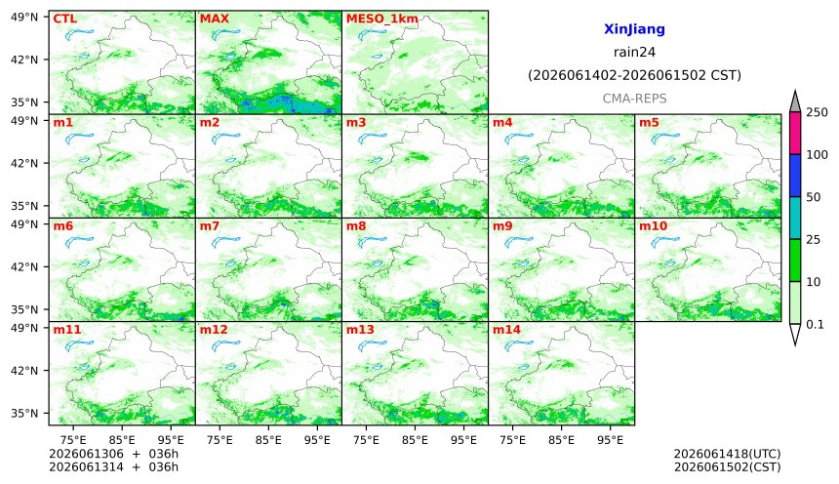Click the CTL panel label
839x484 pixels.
(x=64, y=19)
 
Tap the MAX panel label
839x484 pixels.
(x=214, y=19)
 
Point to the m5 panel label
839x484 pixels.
(x=649, y=123)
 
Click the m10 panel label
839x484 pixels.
(x=653, y=226)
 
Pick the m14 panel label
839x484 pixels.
(x=506, y=330)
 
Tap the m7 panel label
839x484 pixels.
(x=209, y=226)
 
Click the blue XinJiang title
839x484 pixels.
(x=634, y=29)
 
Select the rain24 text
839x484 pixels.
(x=634, y=52)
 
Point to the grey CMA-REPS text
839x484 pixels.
(x=634, y=99)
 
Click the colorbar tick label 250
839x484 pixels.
(x=817, y=112)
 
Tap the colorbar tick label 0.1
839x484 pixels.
(x=815, y=324)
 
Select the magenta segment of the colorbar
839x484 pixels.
(x=795, y=134)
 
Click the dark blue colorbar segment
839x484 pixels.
(x=795, y=176)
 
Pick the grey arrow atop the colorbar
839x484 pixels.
(x=795, y=101)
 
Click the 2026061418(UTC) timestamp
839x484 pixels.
(x=727, y=454)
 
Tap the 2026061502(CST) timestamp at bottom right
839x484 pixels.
(x=727, y=467)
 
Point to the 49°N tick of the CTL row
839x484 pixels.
(x=24, y=17)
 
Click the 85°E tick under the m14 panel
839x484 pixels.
(x=561, y=440)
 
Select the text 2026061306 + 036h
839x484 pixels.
(x=113, y=454)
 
